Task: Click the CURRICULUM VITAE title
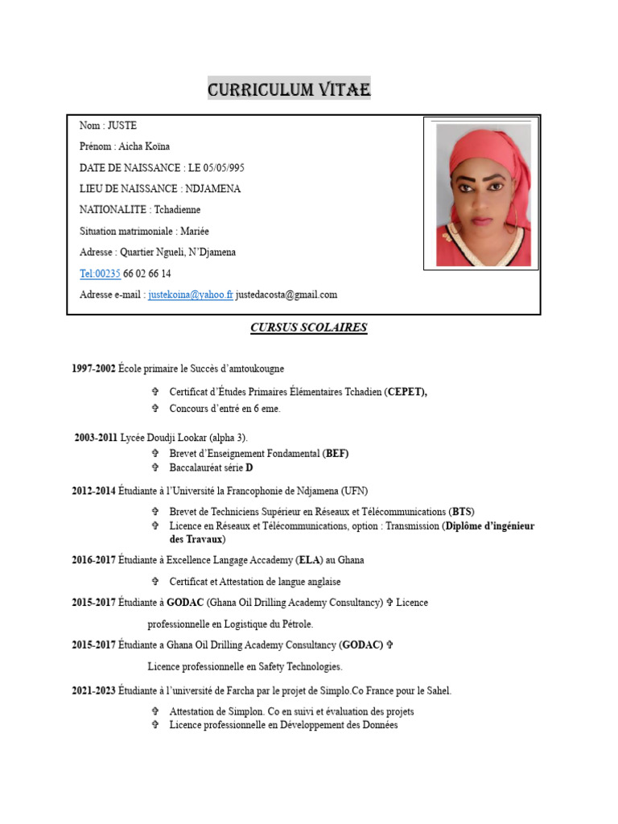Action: click(x=289, y=89)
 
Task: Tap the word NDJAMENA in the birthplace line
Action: click(x=212, y=189)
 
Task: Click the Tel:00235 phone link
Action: click(x=100, y=274)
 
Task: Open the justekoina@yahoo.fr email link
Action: click(x=191, y=295)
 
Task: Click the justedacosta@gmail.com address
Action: click(x=286, y=295)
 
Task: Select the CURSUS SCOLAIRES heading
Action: click(x=308, y=328)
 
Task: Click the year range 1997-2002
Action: click(x=93, y=369)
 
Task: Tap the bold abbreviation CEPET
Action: click(x=406, y=392)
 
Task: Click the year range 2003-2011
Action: click(x=96, y=438)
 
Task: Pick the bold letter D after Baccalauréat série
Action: click(x=249, y=468)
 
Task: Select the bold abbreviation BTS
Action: click(x=462, y=512)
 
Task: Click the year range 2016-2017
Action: click(x=93, y=560)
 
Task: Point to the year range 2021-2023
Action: click(x=93, y=690)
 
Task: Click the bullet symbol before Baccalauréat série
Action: click(x=155, y=468)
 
